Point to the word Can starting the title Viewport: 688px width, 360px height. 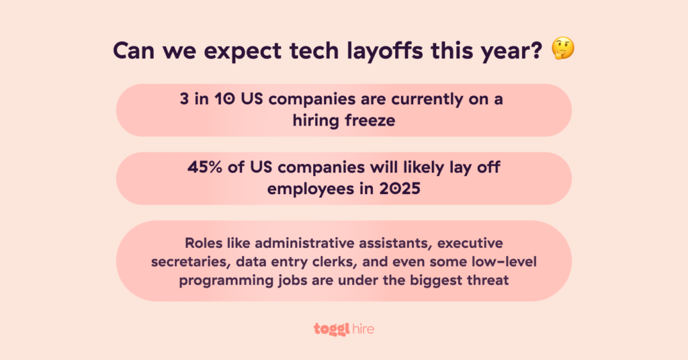pyautogui.click(x=133, y=50)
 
